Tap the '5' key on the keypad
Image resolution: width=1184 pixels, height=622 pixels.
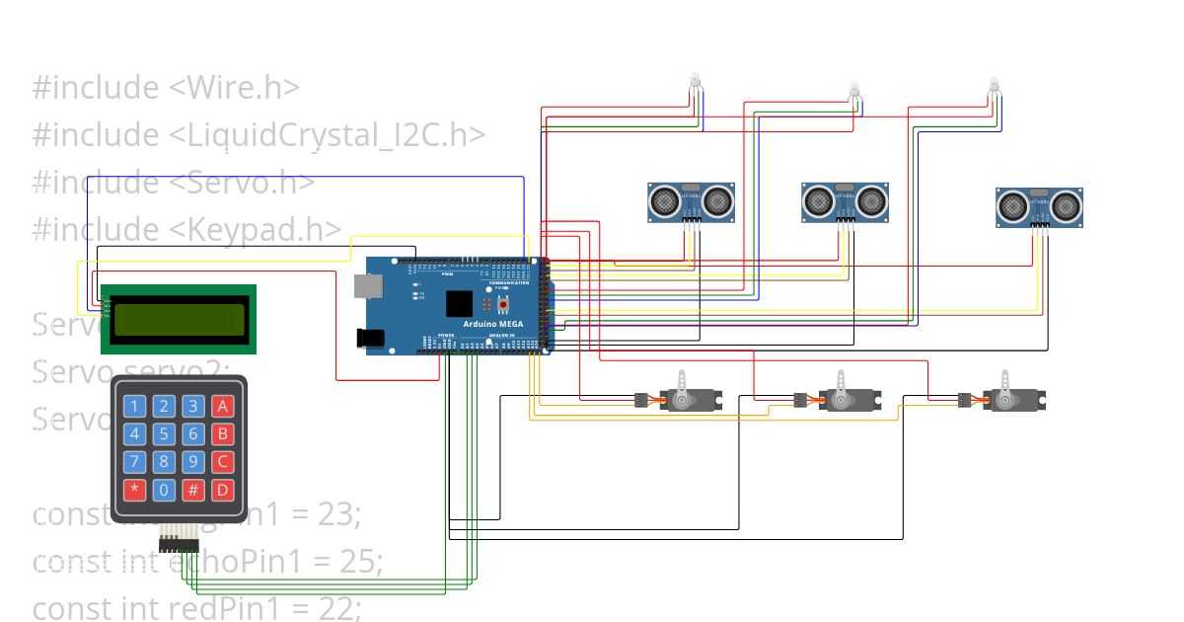point(165,433)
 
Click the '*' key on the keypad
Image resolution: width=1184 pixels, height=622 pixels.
point(135,489)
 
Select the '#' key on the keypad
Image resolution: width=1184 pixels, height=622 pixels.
point(193,489)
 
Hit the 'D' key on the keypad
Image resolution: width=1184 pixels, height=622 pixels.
point(223,489)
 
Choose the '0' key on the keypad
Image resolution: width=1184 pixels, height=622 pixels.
point(165,489)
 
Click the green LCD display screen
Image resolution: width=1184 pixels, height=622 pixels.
point(179,319)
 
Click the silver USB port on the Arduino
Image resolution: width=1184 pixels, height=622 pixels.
point(368,285)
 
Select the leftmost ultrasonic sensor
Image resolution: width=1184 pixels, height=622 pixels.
point(691,201)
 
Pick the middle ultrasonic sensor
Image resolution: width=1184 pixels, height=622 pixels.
point(845,201)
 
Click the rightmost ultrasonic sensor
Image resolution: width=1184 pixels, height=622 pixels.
point(1039,206)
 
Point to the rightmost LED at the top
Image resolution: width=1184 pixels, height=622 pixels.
point(995,89)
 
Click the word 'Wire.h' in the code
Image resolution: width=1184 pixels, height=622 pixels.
point(237,88)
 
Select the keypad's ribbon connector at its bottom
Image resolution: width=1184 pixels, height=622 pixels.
point(180,541)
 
